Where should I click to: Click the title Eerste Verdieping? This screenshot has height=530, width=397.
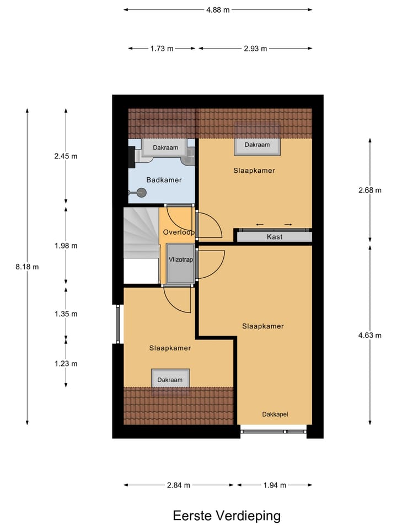[x=227, y=516]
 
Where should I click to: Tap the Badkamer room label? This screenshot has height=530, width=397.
[x=164, y=180]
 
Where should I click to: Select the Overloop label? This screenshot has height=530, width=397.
[x=178, y=232]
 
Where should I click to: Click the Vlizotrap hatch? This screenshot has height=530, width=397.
[x=180, y=261]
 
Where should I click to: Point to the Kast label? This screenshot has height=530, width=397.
[x=274, y=237]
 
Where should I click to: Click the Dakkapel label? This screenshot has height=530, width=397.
[x=275, y=414]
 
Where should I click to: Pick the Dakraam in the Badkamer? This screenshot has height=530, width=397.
[x=165, y=148]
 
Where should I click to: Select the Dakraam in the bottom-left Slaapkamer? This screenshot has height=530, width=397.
[x=170, y=380]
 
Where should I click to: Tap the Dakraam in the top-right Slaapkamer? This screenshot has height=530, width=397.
[x=257, y=145]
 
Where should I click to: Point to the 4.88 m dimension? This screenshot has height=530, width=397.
[x=218, y=9]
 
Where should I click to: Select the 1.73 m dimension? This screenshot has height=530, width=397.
[x=162, y=49]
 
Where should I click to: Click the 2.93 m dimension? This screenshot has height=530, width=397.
[x=255, y=49]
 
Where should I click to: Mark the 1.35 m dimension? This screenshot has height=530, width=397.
[x=66, y=314]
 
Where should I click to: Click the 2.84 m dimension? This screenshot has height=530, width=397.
[x=179, y=485]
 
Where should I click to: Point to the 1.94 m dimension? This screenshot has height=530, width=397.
[x=275, y=485]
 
